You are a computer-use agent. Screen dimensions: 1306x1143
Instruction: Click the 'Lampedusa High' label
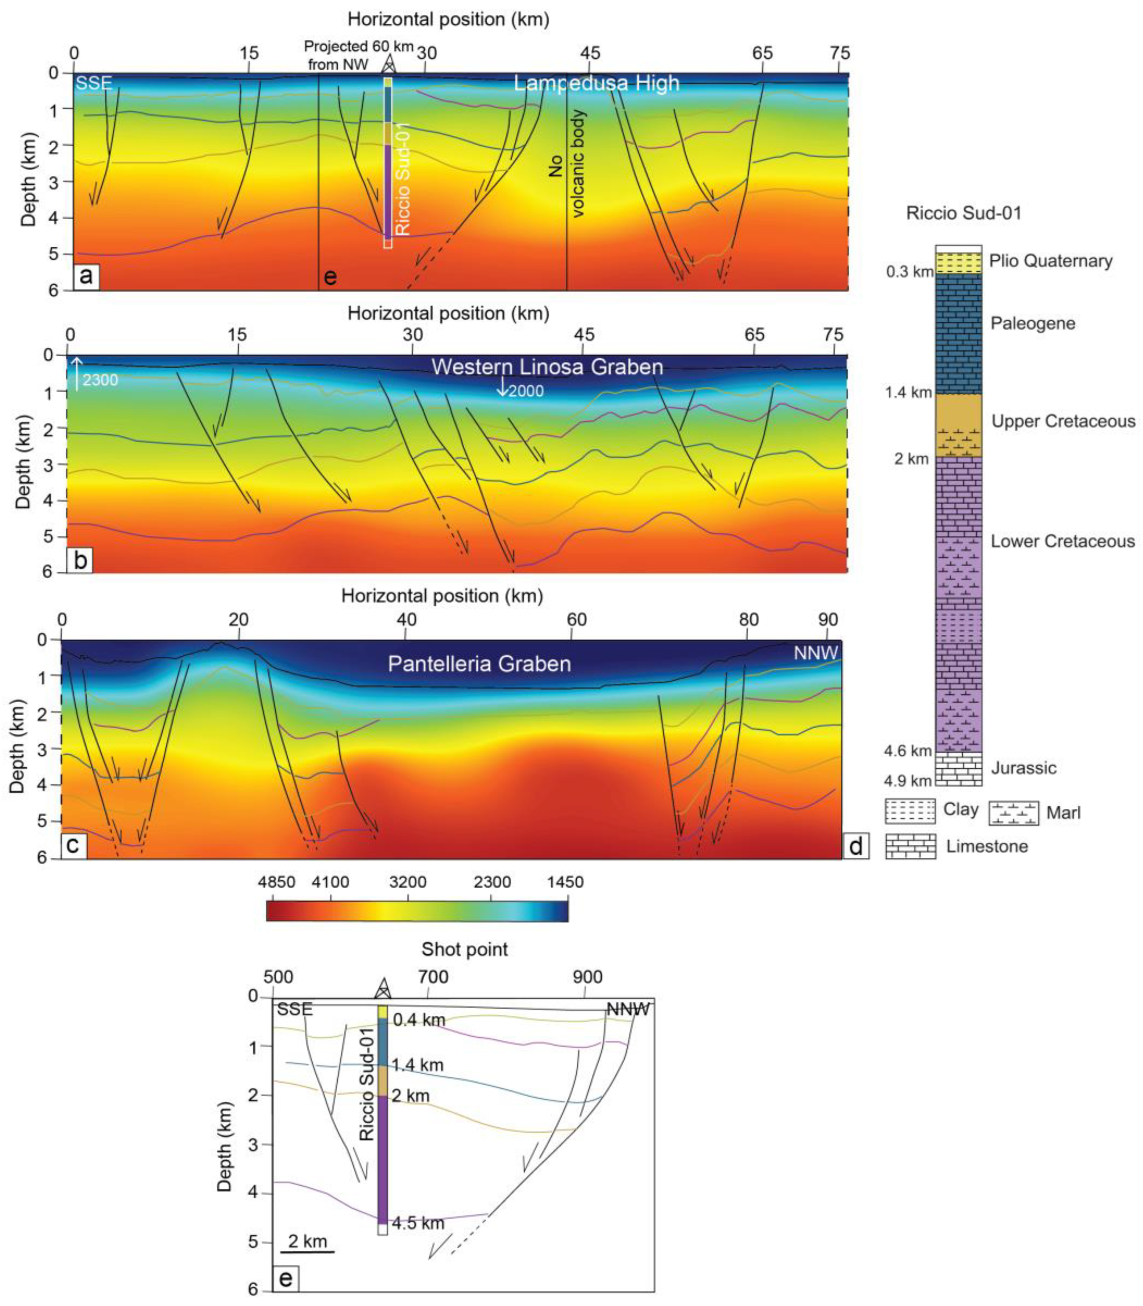[596, 84]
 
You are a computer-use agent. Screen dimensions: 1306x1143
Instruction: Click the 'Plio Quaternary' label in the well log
[1050, 261]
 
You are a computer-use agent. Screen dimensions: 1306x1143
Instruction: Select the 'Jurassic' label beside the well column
[1023, 768]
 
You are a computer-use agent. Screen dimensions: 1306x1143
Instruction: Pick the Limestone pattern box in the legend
[910, 846]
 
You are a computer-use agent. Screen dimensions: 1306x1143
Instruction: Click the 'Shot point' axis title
[464, 949]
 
